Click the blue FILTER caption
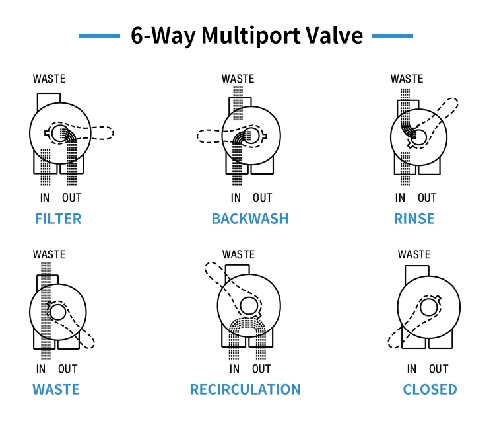click(58, 219)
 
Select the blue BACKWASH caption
click(249, 219)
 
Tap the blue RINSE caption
click(414, 219)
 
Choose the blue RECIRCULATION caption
click(245, 389)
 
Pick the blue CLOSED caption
click(430, 389)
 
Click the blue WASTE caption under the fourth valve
click(56, 389)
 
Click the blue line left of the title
click(100, 36)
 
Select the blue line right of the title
click(393, 36)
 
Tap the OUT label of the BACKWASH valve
click(262, 198)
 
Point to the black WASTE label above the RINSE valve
click(407, 79)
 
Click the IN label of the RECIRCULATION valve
click(235, 369)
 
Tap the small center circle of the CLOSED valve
click(430, 306)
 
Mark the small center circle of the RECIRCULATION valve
click(248, 305)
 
